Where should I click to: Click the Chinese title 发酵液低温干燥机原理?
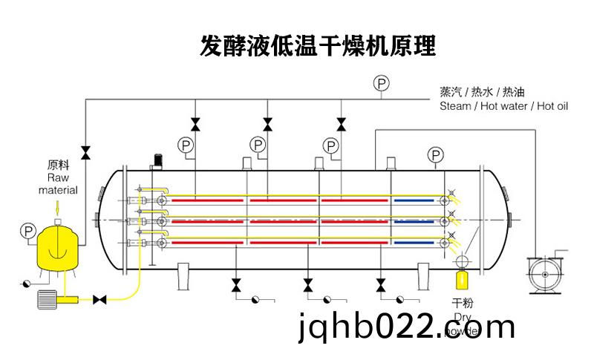tap(318, 46)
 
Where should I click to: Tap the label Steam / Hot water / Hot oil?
tap(503, 106)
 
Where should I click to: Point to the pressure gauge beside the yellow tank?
tap(28, 232)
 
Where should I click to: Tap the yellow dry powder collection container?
tap(462, 281)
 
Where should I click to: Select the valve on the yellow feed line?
tap(99, 300)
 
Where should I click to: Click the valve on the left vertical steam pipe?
tap(85, 152)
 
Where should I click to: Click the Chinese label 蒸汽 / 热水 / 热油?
tap(482, 92)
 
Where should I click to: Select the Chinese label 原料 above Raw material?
tap(58, 165)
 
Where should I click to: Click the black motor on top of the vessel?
tap(157, 160)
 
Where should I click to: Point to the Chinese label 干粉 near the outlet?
tap(463, 304)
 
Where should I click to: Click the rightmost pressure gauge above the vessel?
tap(436, 154)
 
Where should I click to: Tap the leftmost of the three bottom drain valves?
tap(236, 284)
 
